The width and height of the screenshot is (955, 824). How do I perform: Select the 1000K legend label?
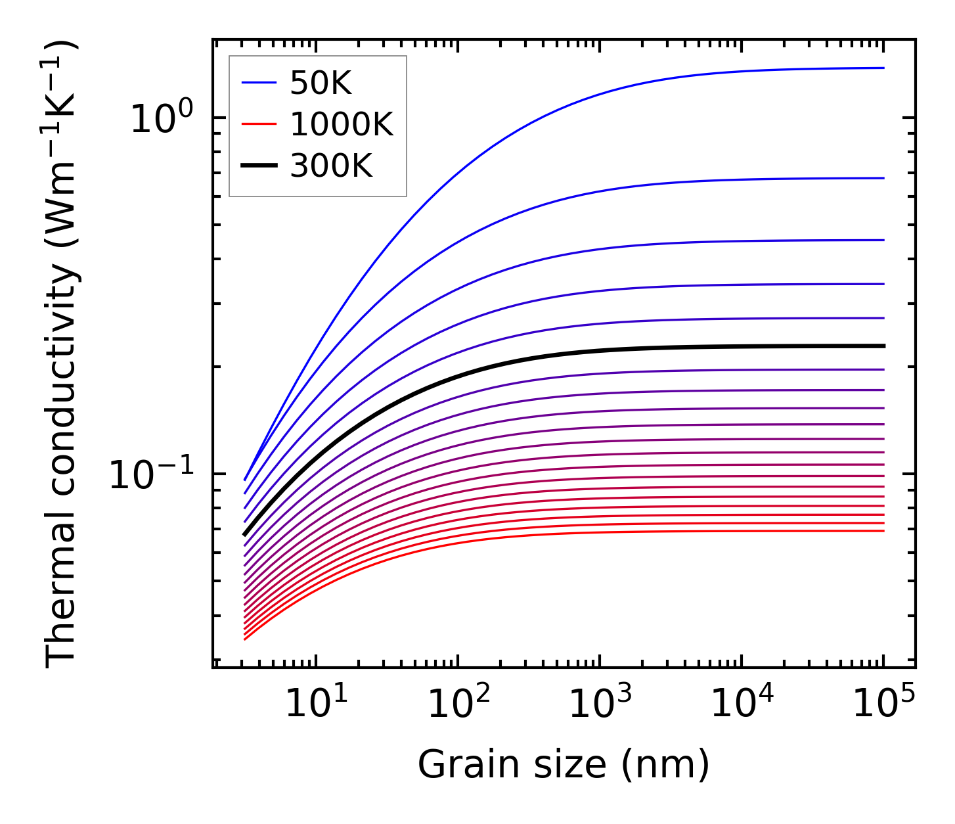(342, 124)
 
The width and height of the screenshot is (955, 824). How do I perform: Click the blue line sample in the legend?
(260, 83)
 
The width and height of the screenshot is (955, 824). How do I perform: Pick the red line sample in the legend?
(260, 124)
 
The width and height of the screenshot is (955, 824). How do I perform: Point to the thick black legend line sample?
(260, 166)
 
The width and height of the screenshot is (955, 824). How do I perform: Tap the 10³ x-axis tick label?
(600, 703)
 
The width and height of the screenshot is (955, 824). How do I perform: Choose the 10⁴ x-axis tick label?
(742, 703)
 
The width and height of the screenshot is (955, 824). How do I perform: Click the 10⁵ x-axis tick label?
(883, 703)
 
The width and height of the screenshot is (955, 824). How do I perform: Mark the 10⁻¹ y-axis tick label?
(152, 474)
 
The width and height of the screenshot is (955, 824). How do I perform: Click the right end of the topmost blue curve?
(883, 68)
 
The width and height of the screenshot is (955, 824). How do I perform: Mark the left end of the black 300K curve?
(245, 534)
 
